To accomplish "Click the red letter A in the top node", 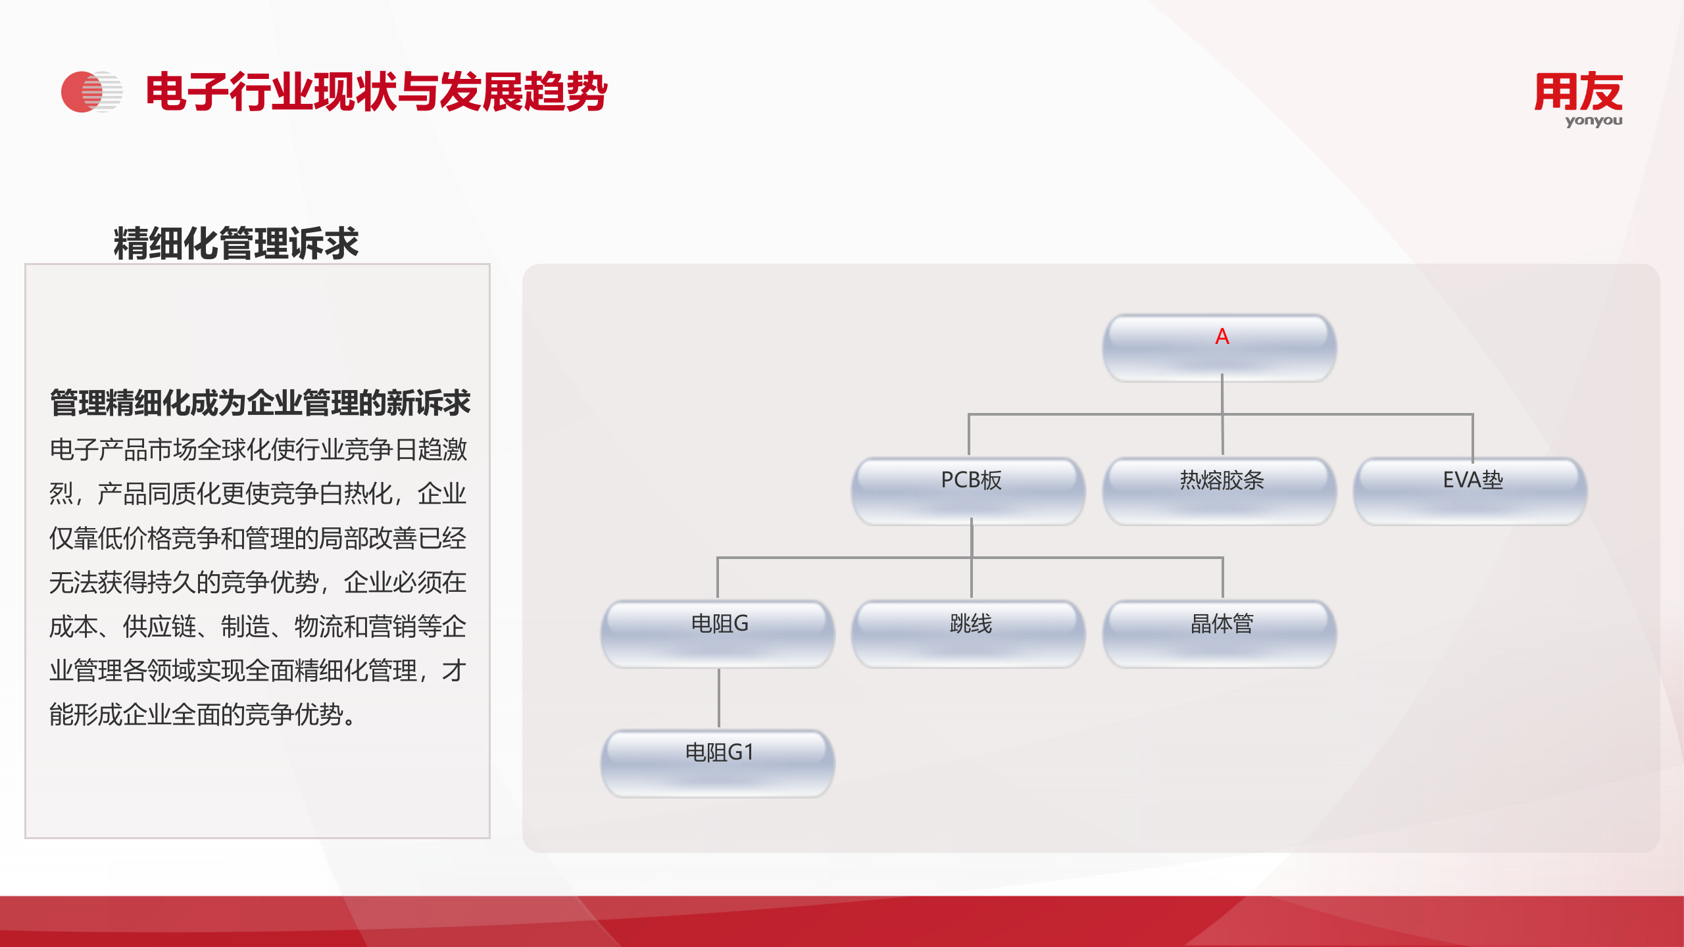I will coord(1222,337).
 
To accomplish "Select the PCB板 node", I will coord(970,489).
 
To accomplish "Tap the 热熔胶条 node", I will coord(1220,489).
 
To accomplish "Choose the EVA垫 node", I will coord(1471,489).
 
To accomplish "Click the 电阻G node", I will coord(718,633).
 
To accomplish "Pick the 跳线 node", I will coord(970,633).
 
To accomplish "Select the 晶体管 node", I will coord(1220,633).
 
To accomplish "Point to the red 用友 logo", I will coord(1578,92).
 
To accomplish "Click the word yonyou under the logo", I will coord(1593,121).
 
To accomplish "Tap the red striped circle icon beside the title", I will coord(91,91).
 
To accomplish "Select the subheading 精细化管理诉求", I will coord(235,243).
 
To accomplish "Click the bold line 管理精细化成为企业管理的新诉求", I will coord(260,402).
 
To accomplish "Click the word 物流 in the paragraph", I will coord(318,626).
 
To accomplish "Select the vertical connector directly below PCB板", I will coord(972,539).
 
